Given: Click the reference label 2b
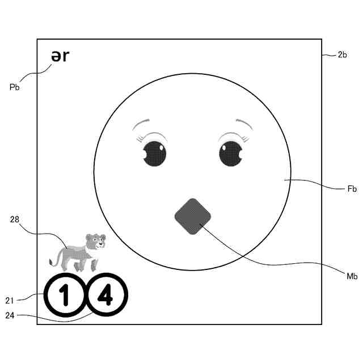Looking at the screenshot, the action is click(342, 55).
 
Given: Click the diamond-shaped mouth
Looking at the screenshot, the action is click(192, 216).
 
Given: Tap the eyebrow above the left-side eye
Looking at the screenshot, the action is click(144, 123).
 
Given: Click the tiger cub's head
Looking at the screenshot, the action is click(95, 241).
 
